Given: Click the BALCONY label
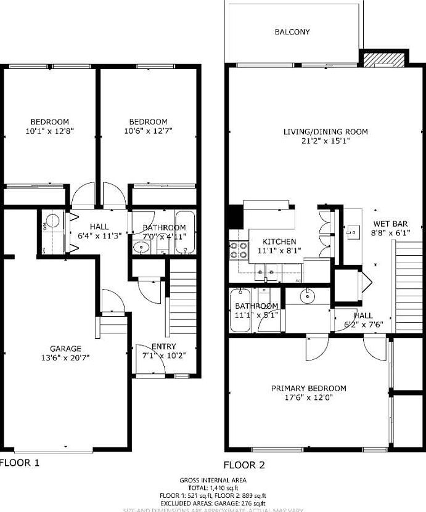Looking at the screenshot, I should (x=292, y=32).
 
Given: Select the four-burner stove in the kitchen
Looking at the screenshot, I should (x=239, y=249).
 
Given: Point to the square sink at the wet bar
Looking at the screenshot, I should (x=353, y=231).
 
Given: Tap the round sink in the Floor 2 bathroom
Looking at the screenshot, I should (x=307, y=296).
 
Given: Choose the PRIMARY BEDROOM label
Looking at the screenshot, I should (x=309, y=388).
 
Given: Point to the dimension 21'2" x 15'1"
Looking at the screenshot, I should (x=326, y=140).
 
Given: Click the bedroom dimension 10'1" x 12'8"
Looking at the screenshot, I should (x=50, y=131).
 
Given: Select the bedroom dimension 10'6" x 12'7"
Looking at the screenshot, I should (x=148, y=131).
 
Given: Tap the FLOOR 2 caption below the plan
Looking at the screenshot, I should (x=244, y=465).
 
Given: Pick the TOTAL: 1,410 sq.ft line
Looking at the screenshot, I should (x=213, y=487).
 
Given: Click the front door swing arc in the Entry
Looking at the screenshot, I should (x=156, y=365).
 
